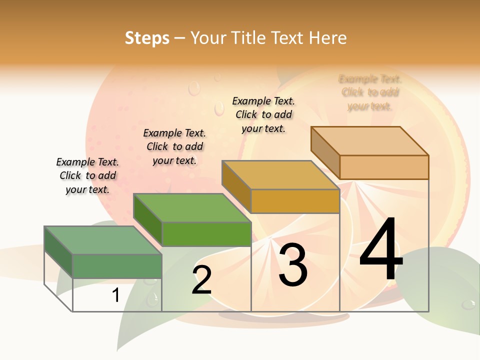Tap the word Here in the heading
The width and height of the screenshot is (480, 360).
(327, 38)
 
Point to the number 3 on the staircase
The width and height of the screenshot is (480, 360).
(292, 265)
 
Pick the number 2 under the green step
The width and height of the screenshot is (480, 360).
(201, 280)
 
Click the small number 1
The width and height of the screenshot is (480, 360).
(115, 295)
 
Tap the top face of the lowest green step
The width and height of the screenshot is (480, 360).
(103, 240)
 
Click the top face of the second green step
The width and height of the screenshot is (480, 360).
(192, 207)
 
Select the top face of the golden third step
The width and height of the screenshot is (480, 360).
(280, 175)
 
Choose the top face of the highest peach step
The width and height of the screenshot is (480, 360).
(369, 141)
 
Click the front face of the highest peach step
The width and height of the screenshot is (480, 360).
(384, 167)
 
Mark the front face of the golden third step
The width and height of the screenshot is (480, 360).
(295, 201)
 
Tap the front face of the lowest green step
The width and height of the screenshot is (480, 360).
(117, 265)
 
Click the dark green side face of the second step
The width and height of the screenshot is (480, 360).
(147, 220)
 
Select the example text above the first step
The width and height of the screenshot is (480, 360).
(87, 175)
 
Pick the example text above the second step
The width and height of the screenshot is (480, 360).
(174, 146)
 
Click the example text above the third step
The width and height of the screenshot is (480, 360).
(263, 114)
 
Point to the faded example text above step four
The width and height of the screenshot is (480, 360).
(370, 92)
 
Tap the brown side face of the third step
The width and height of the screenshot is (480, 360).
(236, 186)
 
